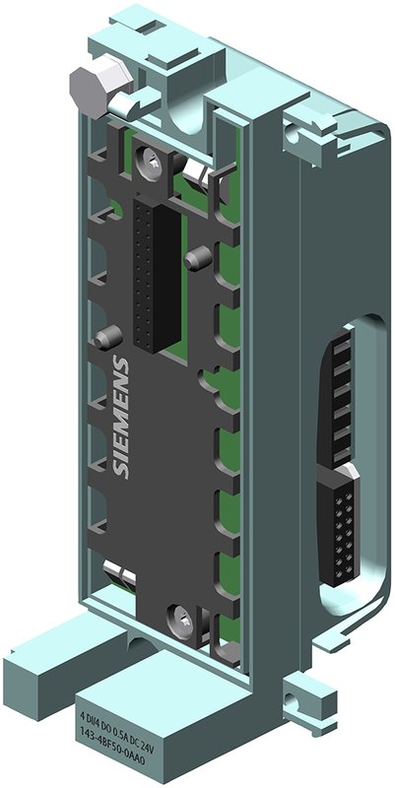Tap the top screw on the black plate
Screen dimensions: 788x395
(151, 158)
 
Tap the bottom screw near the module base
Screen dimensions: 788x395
(180, 619)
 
